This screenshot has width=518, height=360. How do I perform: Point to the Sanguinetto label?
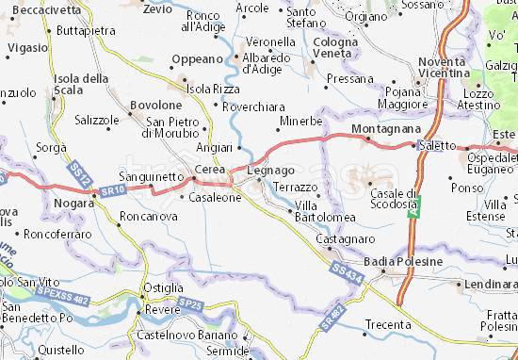pos(152,176)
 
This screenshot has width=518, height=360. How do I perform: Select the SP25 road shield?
pos(192,304)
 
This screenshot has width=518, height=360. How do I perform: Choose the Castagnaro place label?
pos(339,240)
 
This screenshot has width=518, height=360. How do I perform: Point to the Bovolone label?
pos(154,105)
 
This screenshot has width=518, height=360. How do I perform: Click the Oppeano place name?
pos(196,59)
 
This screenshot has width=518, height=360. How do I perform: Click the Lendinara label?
pos(491,283)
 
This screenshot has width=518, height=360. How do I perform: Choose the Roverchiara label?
pos(254,106)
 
